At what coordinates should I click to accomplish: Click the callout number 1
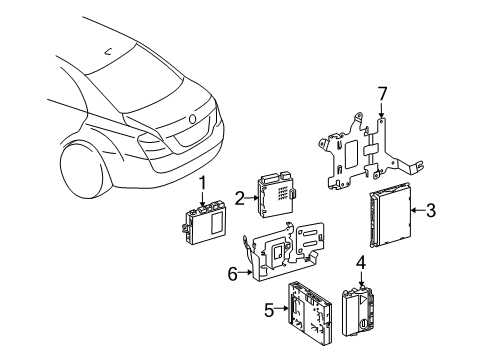[x=203, y=185]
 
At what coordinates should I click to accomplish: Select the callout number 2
[x=240, y=198]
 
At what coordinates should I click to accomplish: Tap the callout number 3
[x=431, y=210]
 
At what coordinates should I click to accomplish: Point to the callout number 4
[x=361, y=262]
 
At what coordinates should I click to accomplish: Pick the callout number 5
[x=269, y=310]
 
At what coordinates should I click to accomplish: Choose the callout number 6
[x=233, y=274]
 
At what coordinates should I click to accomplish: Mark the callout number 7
[x=382, y=94]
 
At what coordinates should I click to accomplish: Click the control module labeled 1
[x=204, y=222]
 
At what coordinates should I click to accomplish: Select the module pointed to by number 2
[x=276, y=194]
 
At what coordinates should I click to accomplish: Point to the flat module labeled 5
[x=310, y=313]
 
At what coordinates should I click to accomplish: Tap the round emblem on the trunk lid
[x=192, y=118]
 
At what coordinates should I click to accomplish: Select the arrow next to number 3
[x=417, y=210]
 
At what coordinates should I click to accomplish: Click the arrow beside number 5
[x=282, y=309]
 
